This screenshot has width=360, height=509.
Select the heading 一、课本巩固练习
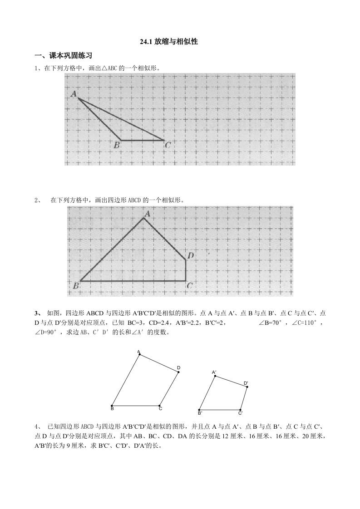click(x=64, y=56)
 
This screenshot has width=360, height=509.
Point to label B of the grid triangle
click(x=117, y=145)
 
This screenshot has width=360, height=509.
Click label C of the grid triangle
click(x=168, y=145)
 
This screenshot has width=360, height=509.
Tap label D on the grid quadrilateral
click(x=191, y=256)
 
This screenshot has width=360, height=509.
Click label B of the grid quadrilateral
click(x=75, y=286)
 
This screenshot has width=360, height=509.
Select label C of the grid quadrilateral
click(x=189, y=286)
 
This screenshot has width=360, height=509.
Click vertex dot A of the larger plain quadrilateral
click(x=139, y=355)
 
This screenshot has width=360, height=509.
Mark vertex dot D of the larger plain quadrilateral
click(x=178, y=372)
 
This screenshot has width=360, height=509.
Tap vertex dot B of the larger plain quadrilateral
click(x=112, y=406)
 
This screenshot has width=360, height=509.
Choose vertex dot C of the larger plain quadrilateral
click(x=159, y=406)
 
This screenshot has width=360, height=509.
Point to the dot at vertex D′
click(x=247, y=387)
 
